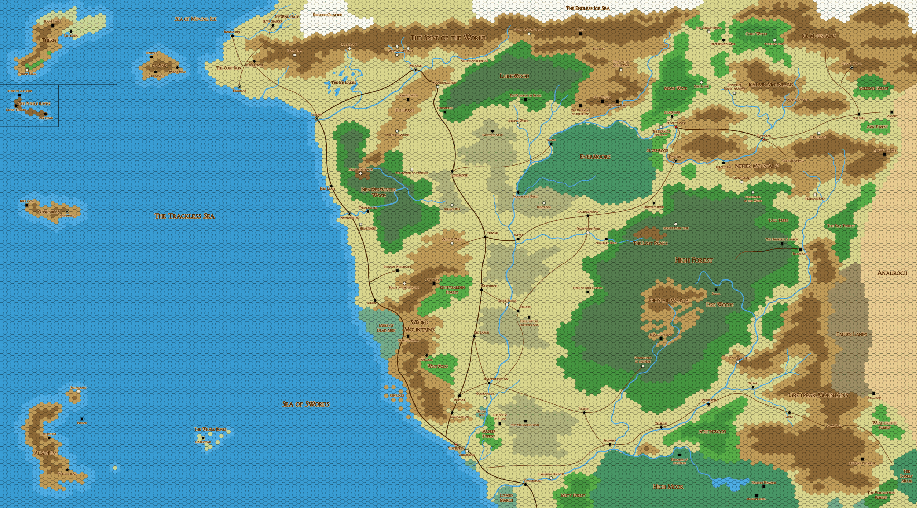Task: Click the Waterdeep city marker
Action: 456,444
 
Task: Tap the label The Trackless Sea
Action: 184,216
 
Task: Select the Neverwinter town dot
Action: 350,214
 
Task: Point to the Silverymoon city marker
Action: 676,127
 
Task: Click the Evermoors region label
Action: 595,157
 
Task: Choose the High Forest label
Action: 693,260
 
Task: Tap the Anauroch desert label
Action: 892,273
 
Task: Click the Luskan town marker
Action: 317,118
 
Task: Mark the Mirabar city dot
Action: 416,70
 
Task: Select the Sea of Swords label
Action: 305,404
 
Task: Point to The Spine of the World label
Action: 447,38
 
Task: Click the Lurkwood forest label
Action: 514,76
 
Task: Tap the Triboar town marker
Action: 485,237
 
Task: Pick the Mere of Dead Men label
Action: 386,328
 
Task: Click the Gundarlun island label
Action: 49,212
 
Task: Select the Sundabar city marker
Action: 763,139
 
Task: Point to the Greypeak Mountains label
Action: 818,395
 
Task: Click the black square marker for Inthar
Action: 82,419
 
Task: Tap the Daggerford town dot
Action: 525,484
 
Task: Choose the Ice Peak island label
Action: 159,66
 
